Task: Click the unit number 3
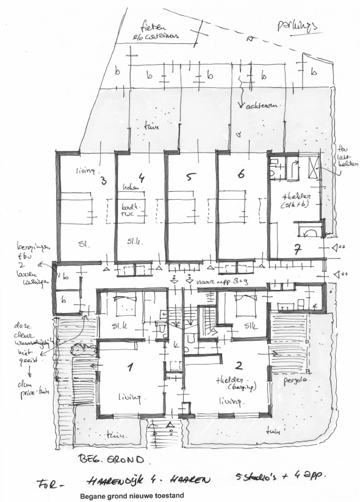[103, 180]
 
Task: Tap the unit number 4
[141, 178]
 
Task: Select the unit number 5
[190, 177]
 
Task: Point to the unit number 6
[241, 175]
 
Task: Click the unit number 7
[298, 249]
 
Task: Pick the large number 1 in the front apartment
[129, 368]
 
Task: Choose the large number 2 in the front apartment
[239, 367]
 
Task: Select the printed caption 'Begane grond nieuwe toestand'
[132, 497]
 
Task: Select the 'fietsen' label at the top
[153, 27]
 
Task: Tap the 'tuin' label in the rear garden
[150, 128]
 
